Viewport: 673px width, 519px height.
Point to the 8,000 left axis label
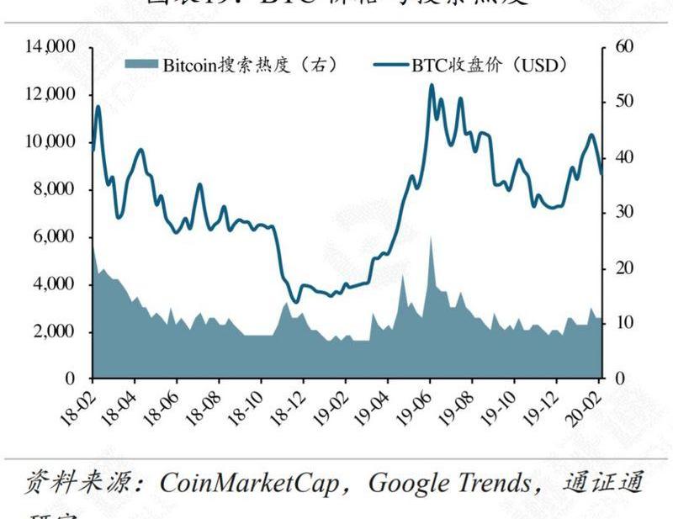point(56,190)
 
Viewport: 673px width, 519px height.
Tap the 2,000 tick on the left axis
point(56,332)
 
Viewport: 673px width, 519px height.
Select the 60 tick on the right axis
point(623,47)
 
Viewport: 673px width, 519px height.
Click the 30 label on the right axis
point(623,213)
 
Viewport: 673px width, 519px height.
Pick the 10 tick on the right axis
point(623,324)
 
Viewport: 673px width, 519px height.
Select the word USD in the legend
point(537,65)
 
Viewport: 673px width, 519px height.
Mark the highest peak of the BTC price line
point(432,84)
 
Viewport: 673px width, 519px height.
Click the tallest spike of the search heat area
point(432,238)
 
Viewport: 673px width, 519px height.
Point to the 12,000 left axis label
point(54,95)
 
